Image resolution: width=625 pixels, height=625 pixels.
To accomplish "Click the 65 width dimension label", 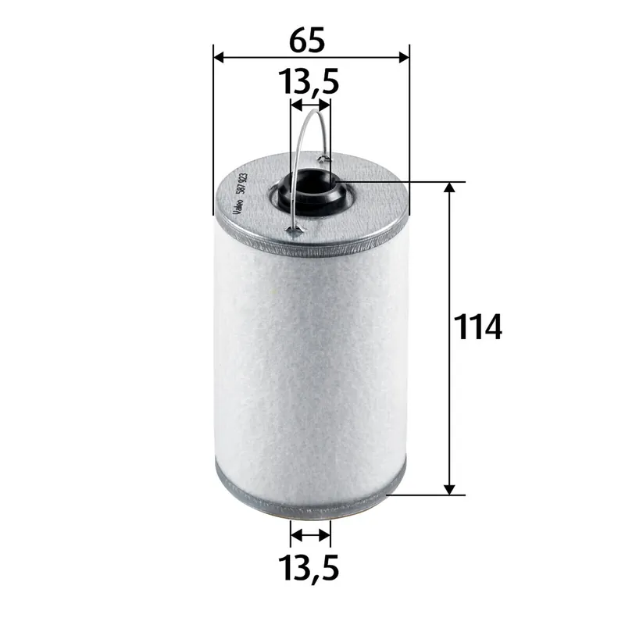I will point(310,40).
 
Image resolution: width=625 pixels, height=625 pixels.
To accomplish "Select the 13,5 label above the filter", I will point(310,81).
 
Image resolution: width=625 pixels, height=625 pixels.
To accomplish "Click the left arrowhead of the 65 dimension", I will point(220,57).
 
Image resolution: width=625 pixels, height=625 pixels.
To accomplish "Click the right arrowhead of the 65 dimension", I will point(402,57).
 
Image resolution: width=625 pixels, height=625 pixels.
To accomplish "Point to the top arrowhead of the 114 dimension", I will point(450,189).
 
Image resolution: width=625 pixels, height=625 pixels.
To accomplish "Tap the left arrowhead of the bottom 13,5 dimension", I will point(295,536).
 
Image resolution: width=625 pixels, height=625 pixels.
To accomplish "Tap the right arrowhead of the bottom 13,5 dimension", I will point(325,536).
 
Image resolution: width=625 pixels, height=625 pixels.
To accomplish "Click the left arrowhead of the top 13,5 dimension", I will point(295,103).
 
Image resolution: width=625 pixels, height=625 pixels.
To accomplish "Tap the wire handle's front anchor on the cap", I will point(293,230).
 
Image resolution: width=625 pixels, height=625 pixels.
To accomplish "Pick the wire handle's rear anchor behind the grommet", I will point(326,159).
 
